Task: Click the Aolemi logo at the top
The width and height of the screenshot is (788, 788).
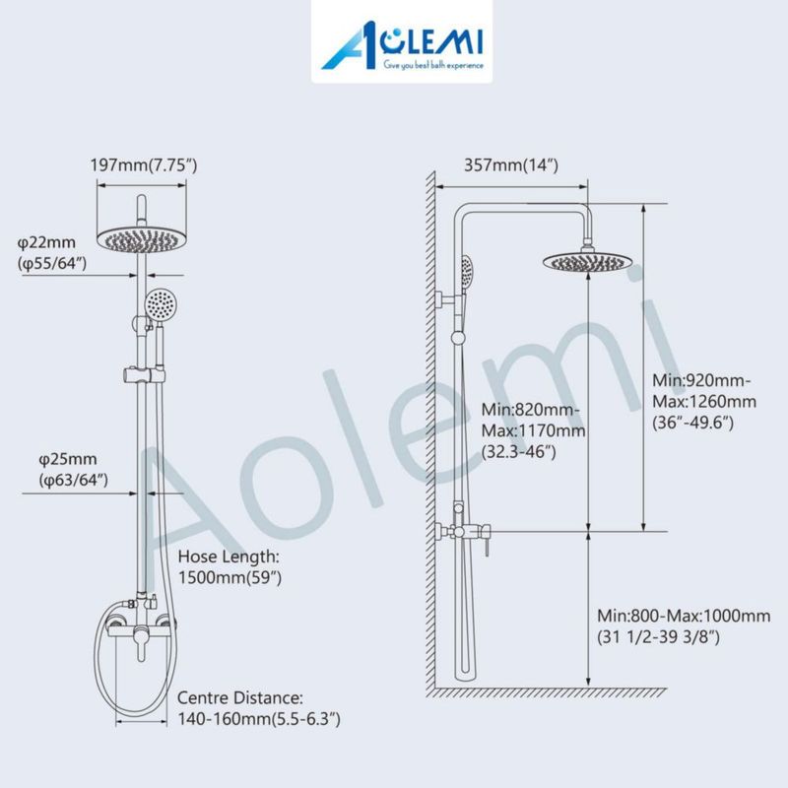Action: coord(402,45)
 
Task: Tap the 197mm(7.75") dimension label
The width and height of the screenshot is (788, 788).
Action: coord(144,164)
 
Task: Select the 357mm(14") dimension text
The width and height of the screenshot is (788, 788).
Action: coord(511,164)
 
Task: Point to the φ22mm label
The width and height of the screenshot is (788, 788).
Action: coord(46,242)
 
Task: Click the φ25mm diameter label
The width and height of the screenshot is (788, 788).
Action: coord(68,459)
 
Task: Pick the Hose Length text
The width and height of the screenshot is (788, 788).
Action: coord(229,557)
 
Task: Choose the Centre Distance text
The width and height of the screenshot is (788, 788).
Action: coord(240,698)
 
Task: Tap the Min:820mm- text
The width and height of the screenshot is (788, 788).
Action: coord(531,410)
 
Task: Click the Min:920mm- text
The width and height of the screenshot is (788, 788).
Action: coord(701,380)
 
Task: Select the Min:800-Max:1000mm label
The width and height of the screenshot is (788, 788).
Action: coord(684,616)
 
